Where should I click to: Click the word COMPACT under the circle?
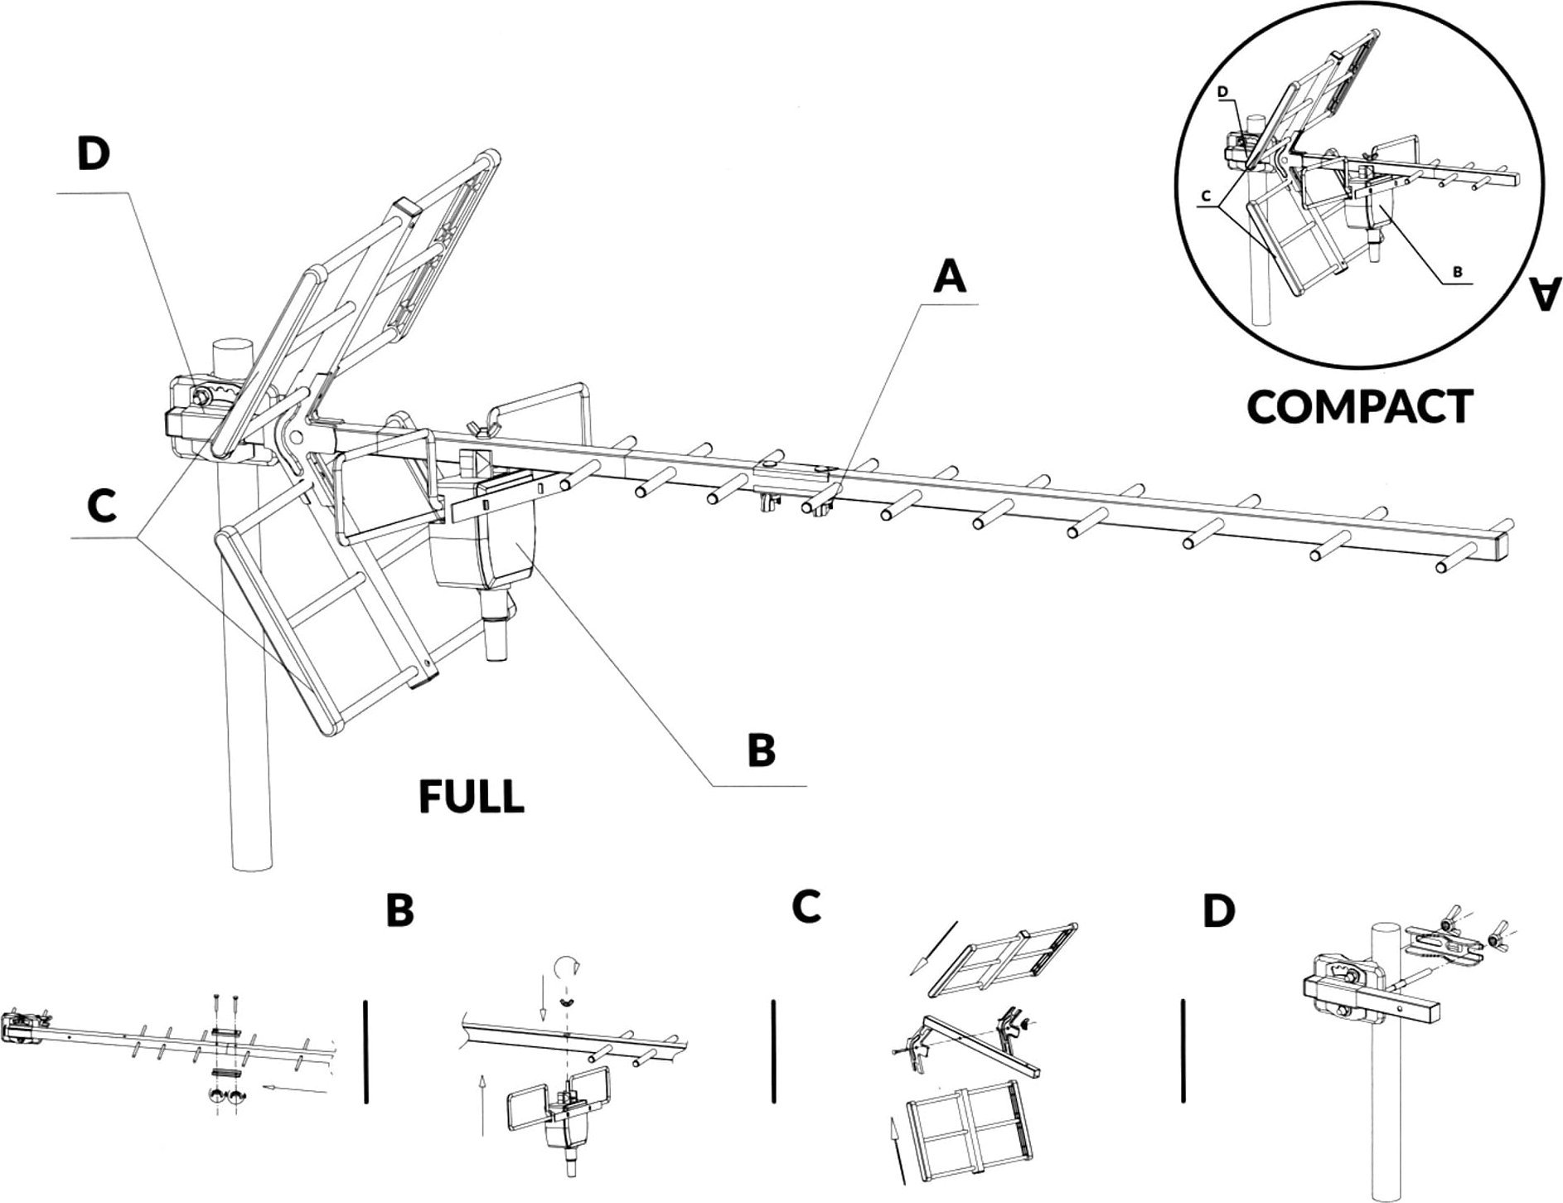click(1359, 407)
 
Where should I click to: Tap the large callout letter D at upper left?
click(94, 156)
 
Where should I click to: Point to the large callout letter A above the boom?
click(950, 278)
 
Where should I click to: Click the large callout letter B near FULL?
click(761, 749)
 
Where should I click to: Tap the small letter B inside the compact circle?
click(1456, 271)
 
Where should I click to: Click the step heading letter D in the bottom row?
click(1217, 910)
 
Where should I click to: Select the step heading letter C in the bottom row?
click(806, 908)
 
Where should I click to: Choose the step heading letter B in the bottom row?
click(399, 911)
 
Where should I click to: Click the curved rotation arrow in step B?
click(564, 966)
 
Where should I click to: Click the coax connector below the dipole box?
click(496, 640)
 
